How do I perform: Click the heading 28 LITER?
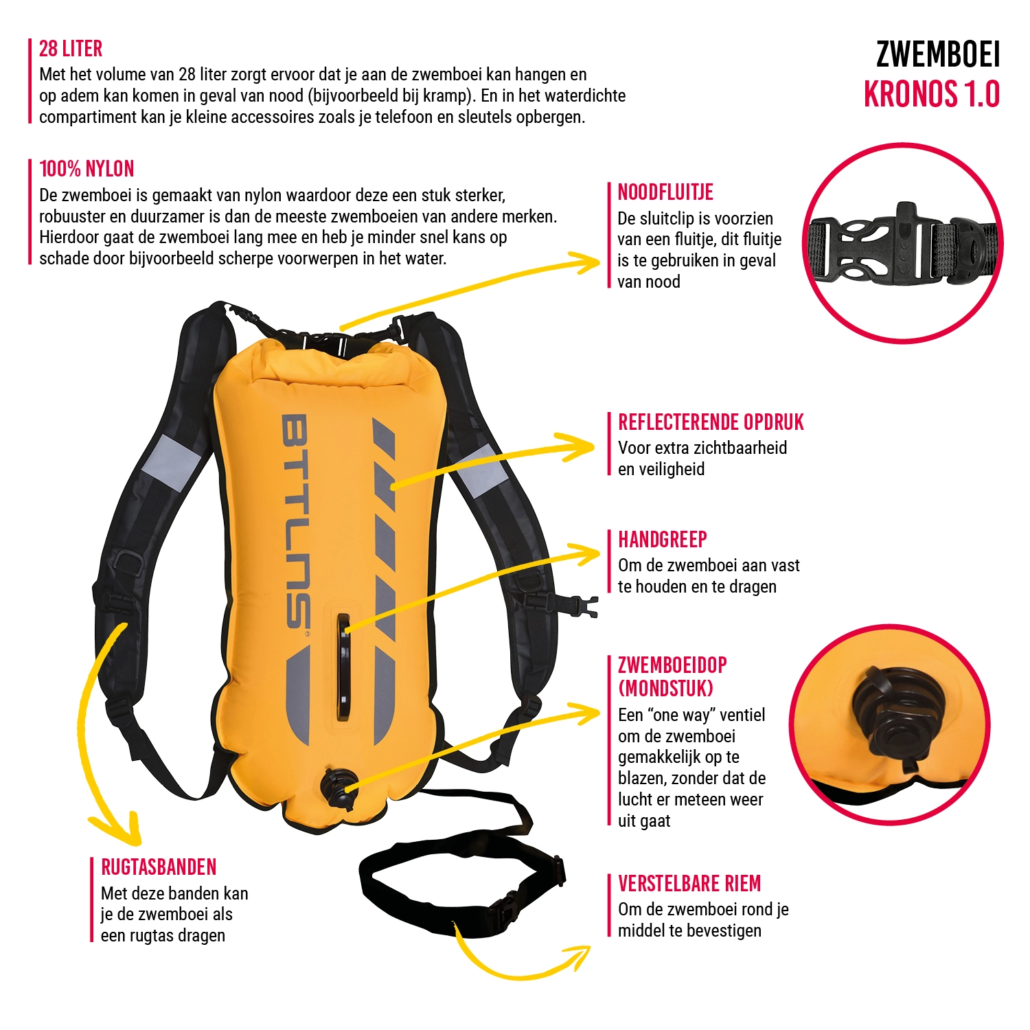[71, 49]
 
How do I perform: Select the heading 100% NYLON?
[87, 169]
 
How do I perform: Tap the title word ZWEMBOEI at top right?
[938, 55]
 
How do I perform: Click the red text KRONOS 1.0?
[932, 94]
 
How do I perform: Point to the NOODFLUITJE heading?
[665, 192]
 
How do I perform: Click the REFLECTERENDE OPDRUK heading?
[711, 422]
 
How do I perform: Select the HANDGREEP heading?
[662, 540]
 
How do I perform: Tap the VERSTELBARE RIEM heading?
[689, 884]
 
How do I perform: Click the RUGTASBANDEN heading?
[159, 867]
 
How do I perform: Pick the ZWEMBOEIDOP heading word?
[672, 665]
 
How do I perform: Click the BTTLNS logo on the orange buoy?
[296, 522]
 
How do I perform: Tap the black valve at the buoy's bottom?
[338, 790]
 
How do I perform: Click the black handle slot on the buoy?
[343, 666]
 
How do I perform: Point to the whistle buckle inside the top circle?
[902, 244]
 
